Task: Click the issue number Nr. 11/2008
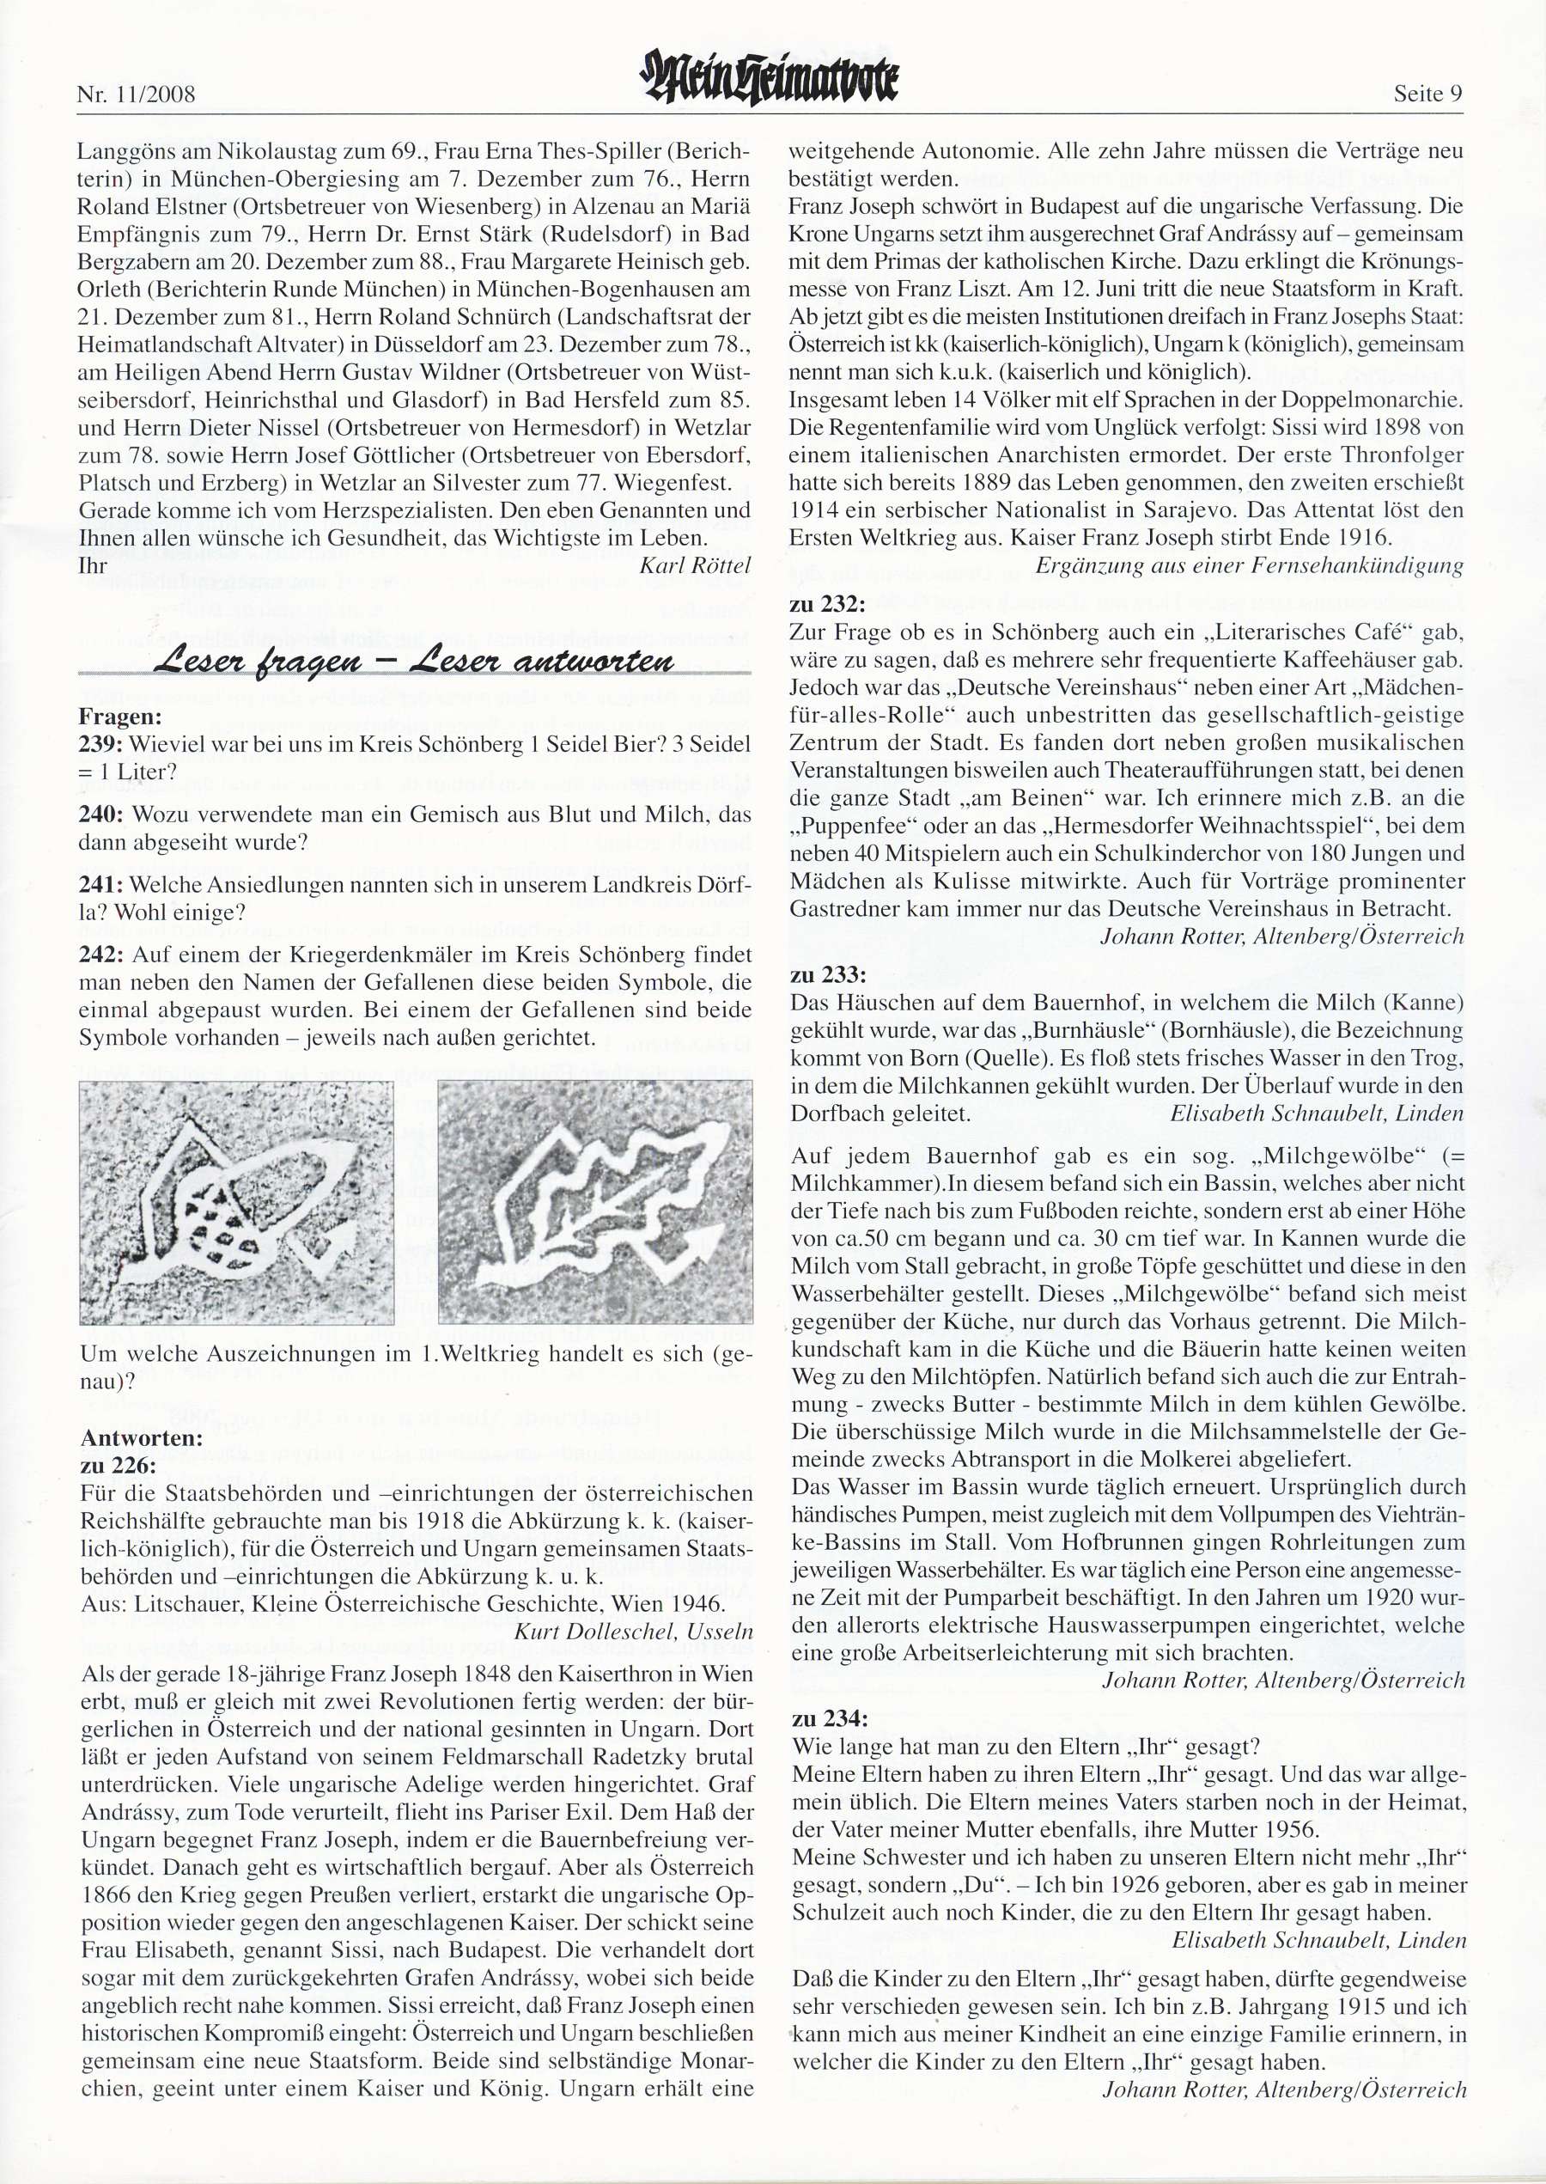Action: pos(135,95)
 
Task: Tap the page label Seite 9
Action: pos(1427,95)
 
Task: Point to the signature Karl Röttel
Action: pos(695,565)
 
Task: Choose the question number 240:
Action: pos(100,815)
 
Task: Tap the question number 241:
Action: pos(100,884)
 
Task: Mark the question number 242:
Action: pos(100,955)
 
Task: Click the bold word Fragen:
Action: pos(121,717)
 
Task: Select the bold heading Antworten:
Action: pos(142,1438)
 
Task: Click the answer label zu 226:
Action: pos(119,1465)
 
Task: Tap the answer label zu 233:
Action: pos(827,975)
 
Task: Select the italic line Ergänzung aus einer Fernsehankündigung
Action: pos(1248,565)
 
